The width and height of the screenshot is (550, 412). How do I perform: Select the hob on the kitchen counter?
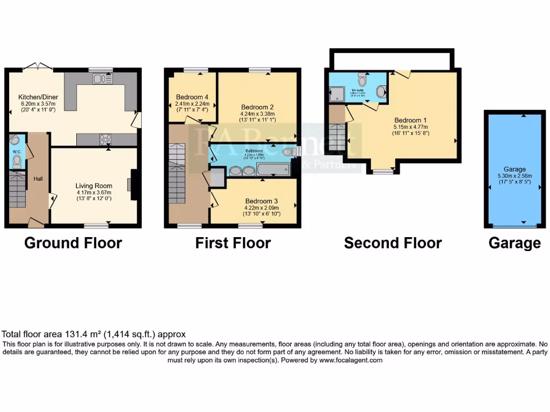[x=105, y=139]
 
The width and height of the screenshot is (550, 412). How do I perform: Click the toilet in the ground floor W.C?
[x=16, y=159]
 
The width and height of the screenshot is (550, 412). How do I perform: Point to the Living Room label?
[x=93, y=186]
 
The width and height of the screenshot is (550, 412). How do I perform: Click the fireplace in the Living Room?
[x=132, y=185]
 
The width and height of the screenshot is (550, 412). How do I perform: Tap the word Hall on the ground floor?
[x=38, y=178]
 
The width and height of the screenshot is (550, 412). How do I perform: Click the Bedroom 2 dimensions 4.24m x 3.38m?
[x=257, y=113]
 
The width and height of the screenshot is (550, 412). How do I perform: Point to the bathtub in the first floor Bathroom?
[x=273, y=171]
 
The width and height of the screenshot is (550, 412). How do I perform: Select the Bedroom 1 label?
[x=411, y=120]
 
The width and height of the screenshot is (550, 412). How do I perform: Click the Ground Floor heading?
[x=73, y=243]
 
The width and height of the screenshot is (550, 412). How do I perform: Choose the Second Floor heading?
[x=393, y=243]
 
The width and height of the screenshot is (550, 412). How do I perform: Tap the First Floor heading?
[x=233, y=243]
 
